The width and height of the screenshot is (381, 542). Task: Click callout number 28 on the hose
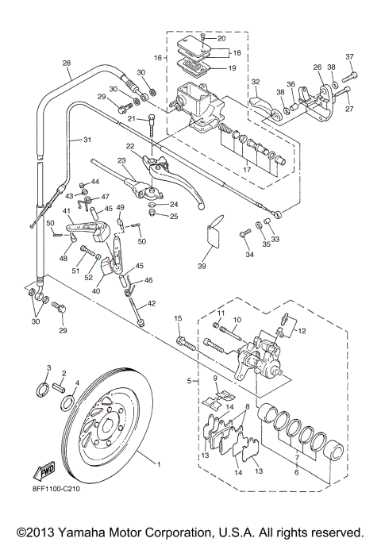click(x=66, y=63)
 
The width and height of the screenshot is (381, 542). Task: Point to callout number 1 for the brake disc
click(x=158, y=464)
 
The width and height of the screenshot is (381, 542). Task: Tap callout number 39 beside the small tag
click(x=202, y=267)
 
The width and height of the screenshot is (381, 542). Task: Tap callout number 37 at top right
click(x=350, y=56)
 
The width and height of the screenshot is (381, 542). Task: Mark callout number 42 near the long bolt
click(x=152, y=302)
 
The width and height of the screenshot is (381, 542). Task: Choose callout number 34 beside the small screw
click(x=248, y=254)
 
